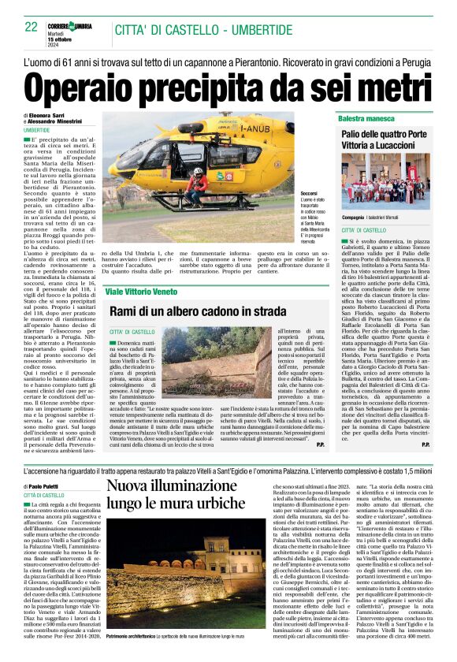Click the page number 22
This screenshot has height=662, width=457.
click(x=32, y=26)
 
